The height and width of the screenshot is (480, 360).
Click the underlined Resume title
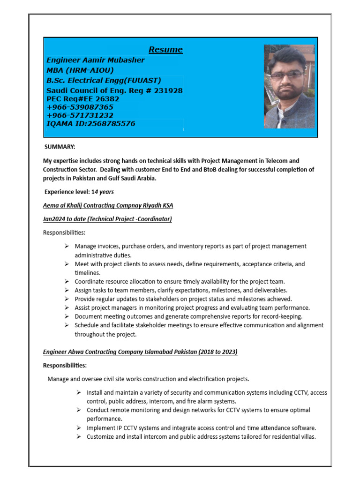point(165,50)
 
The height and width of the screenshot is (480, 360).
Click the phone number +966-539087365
point(80,107)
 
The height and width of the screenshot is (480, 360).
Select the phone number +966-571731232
point(80,115)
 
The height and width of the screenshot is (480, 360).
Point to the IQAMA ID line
point(91,124)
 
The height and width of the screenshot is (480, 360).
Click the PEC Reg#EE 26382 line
point(82,99)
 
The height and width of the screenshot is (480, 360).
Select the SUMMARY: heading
point(60,147)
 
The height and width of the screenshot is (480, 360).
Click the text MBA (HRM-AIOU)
point(80,70)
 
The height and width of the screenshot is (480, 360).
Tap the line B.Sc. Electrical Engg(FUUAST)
point(104,80)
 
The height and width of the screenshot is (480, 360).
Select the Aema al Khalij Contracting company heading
point(108,206)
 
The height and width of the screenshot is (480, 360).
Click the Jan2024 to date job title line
point(107,219)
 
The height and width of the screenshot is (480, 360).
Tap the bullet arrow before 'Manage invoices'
point(67,246)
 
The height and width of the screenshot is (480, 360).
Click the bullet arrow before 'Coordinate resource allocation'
point(67,281)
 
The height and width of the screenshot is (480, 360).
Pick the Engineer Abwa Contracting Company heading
point(140,352)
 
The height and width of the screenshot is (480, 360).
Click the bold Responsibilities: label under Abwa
point(65,365)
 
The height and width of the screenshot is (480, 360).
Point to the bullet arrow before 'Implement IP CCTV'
point(79,428)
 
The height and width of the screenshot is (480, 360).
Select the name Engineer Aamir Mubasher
point(96,60)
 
